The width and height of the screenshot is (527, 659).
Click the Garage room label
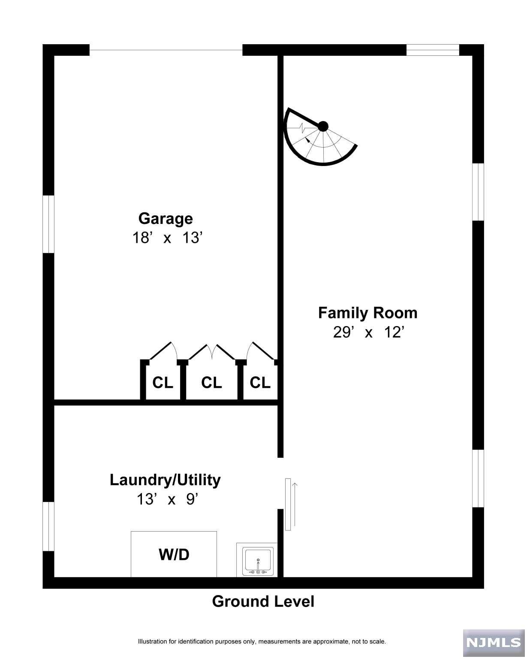166,219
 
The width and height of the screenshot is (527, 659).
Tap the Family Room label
367,313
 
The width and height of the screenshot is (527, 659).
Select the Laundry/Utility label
165,480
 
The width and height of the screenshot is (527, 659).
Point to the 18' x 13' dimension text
167,238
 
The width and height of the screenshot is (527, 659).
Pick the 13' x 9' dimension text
167,499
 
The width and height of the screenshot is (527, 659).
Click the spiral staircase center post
323,127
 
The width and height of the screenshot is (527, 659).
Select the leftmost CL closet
163,383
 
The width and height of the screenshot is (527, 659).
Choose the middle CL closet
211,383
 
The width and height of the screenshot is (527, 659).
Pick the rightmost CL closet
260,383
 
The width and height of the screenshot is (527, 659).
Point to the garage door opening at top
166,50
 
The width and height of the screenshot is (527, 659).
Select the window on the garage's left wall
48,224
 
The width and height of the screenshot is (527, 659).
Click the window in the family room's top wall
433,50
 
